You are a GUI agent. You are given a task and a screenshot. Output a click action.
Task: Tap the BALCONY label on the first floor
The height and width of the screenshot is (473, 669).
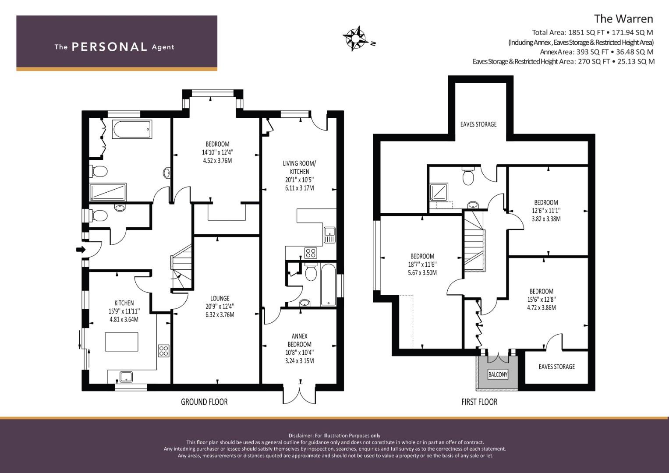(x=498, y=374)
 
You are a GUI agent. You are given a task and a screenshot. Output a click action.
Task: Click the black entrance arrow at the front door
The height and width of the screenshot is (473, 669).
(x=81, y=249)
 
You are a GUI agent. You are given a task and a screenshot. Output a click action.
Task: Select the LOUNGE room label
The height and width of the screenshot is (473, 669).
(x=220, y=298)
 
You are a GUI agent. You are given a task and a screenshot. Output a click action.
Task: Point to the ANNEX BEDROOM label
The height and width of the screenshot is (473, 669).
(x=300, y=340)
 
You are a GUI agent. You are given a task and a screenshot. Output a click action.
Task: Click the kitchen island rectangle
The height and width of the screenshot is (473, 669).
(x=121, y=342)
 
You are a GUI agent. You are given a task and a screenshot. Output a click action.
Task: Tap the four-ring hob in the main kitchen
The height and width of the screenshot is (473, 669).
(x=164, y=351)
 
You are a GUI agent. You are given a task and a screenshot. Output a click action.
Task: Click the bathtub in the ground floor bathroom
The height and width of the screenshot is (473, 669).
(x=132, y=129)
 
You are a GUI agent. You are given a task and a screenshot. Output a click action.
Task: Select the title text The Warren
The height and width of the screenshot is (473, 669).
(x=623, y=19)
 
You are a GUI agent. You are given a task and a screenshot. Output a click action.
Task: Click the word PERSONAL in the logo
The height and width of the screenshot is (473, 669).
(x=110, y=47)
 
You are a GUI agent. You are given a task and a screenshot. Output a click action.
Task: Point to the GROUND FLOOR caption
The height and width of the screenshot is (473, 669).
(x=204, y=402)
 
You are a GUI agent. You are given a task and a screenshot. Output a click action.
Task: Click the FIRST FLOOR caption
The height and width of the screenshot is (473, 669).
(x=479, y=402)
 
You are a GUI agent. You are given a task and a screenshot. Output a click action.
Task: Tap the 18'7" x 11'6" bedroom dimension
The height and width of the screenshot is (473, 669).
(x=422, y=264)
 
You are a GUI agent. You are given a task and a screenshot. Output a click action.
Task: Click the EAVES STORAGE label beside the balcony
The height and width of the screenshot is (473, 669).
(x=557, y=367)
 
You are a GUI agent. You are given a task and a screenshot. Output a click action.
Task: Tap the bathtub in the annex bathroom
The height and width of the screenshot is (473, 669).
(x=328, y=285)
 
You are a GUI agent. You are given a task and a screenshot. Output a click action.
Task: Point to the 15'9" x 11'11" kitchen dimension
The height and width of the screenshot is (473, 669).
(x=124, y=311)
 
